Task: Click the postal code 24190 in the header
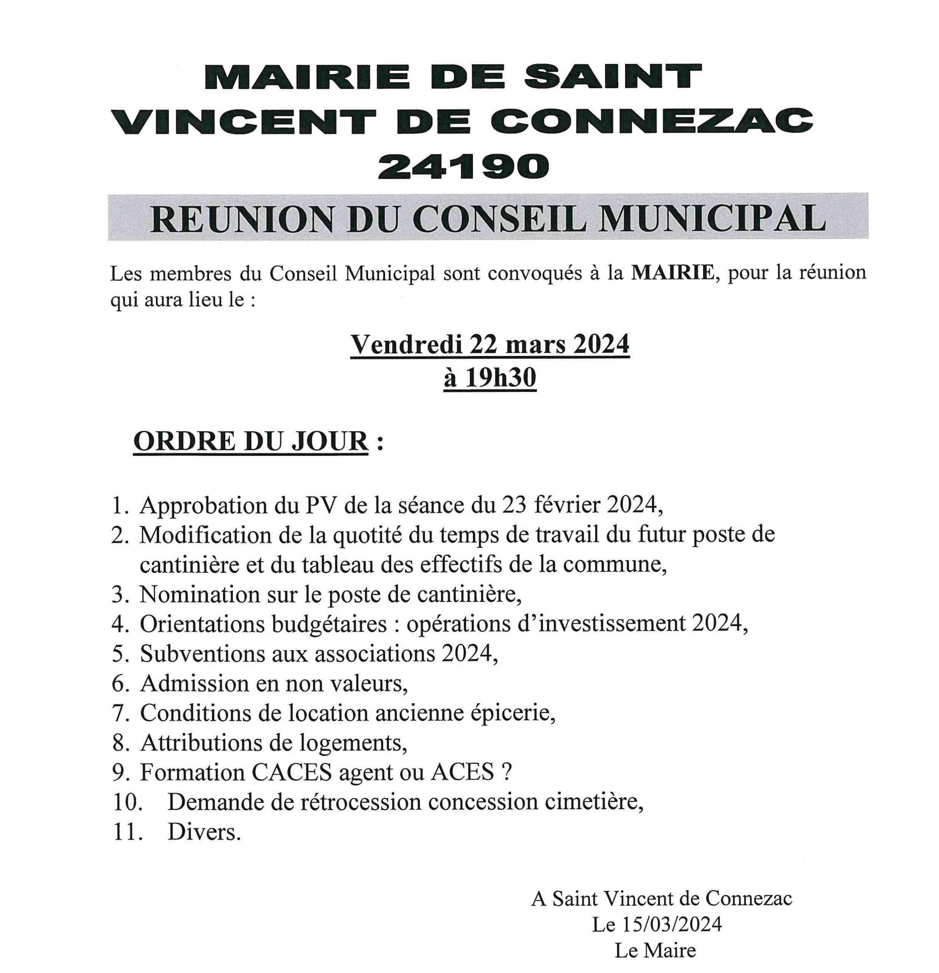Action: (463, 166)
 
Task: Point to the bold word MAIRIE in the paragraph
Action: (672, 273)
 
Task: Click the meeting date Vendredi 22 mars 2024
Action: (490, 344)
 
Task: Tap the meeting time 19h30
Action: (500, 378)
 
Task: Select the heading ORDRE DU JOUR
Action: (251, 441)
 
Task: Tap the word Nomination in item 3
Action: (199, 594)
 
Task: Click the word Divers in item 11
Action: (204, 832)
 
